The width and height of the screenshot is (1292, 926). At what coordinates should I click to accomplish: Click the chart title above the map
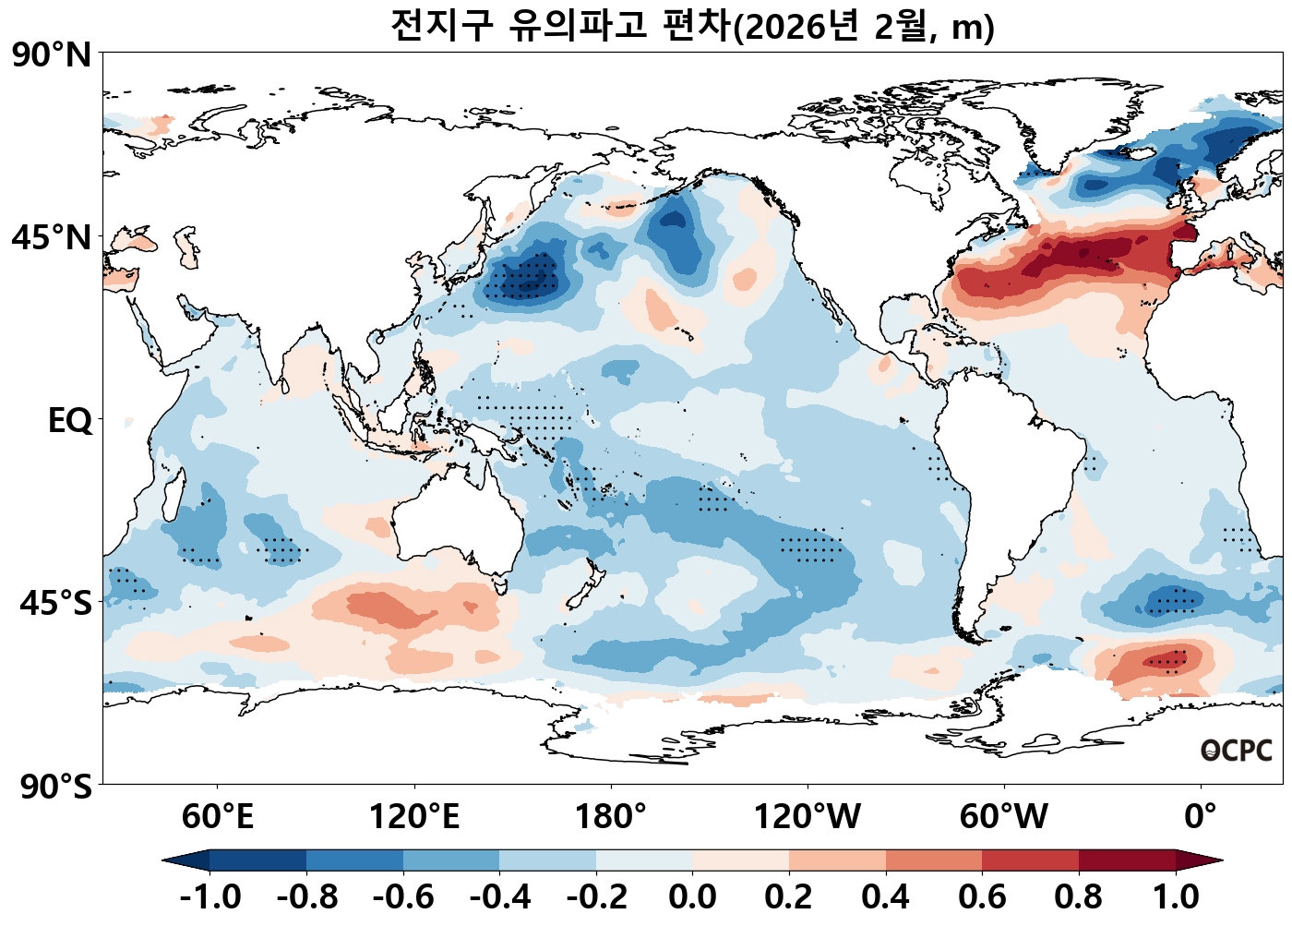coord(692,26)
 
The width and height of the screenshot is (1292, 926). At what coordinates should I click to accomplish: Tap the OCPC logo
coord(1236,751)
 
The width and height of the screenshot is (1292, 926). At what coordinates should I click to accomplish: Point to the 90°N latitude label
coord(52,55)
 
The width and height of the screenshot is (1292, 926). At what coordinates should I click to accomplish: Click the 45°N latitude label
coord(52,237)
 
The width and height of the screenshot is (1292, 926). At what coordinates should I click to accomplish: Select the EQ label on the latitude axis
coord(70,421)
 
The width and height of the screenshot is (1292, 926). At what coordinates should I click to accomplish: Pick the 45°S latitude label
coord(55,604)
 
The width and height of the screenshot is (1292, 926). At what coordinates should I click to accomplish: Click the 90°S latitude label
coord(55,788)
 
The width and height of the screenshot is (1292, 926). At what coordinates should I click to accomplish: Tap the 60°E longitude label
coord(217,817)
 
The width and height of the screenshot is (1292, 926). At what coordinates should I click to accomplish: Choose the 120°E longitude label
coord(413,817)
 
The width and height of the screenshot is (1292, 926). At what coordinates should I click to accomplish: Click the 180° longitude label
coord(611,817)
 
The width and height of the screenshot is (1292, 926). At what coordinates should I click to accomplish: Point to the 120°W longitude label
coord(807,817)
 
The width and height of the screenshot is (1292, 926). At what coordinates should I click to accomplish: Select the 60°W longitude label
coord(1004,817)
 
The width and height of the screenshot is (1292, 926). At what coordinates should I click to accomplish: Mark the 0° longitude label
coord(1201,817)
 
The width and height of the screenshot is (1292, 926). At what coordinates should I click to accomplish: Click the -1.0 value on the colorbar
coord(210,896)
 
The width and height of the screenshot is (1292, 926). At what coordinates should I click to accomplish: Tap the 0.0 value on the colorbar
coord(692,896)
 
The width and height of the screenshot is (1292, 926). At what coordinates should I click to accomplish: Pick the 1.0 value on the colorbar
coord(1176,896)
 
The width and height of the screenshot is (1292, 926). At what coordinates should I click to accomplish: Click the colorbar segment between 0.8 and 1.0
coord(1127,860)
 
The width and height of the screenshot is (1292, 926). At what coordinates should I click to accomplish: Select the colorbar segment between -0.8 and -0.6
coord(354,860)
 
